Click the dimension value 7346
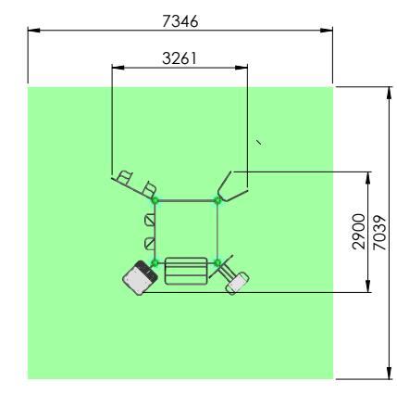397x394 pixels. coord(180,21)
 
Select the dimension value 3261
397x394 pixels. coord(180,58)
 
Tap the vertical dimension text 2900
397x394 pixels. coord(359,232)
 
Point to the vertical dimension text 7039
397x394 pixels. coord(379,233)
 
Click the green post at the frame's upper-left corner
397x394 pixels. coord(155,200)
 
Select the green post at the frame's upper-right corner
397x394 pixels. coord(217,200)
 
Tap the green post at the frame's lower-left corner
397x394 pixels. coord(155,263)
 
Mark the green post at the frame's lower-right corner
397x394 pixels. coord(217,263)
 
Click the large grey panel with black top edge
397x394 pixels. coord(140,278)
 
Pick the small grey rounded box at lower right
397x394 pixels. coord(237,283)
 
